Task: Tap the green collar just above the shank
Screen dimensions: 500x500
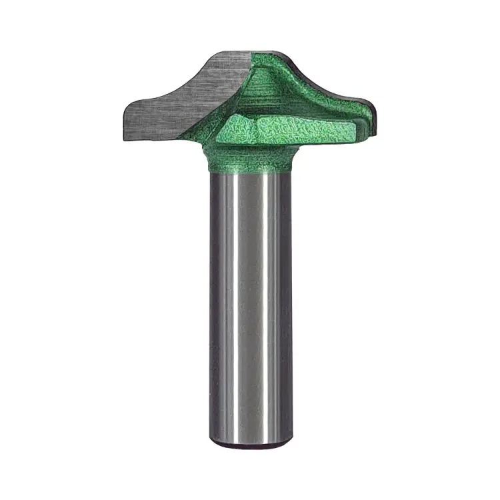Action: click(251, 160)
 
